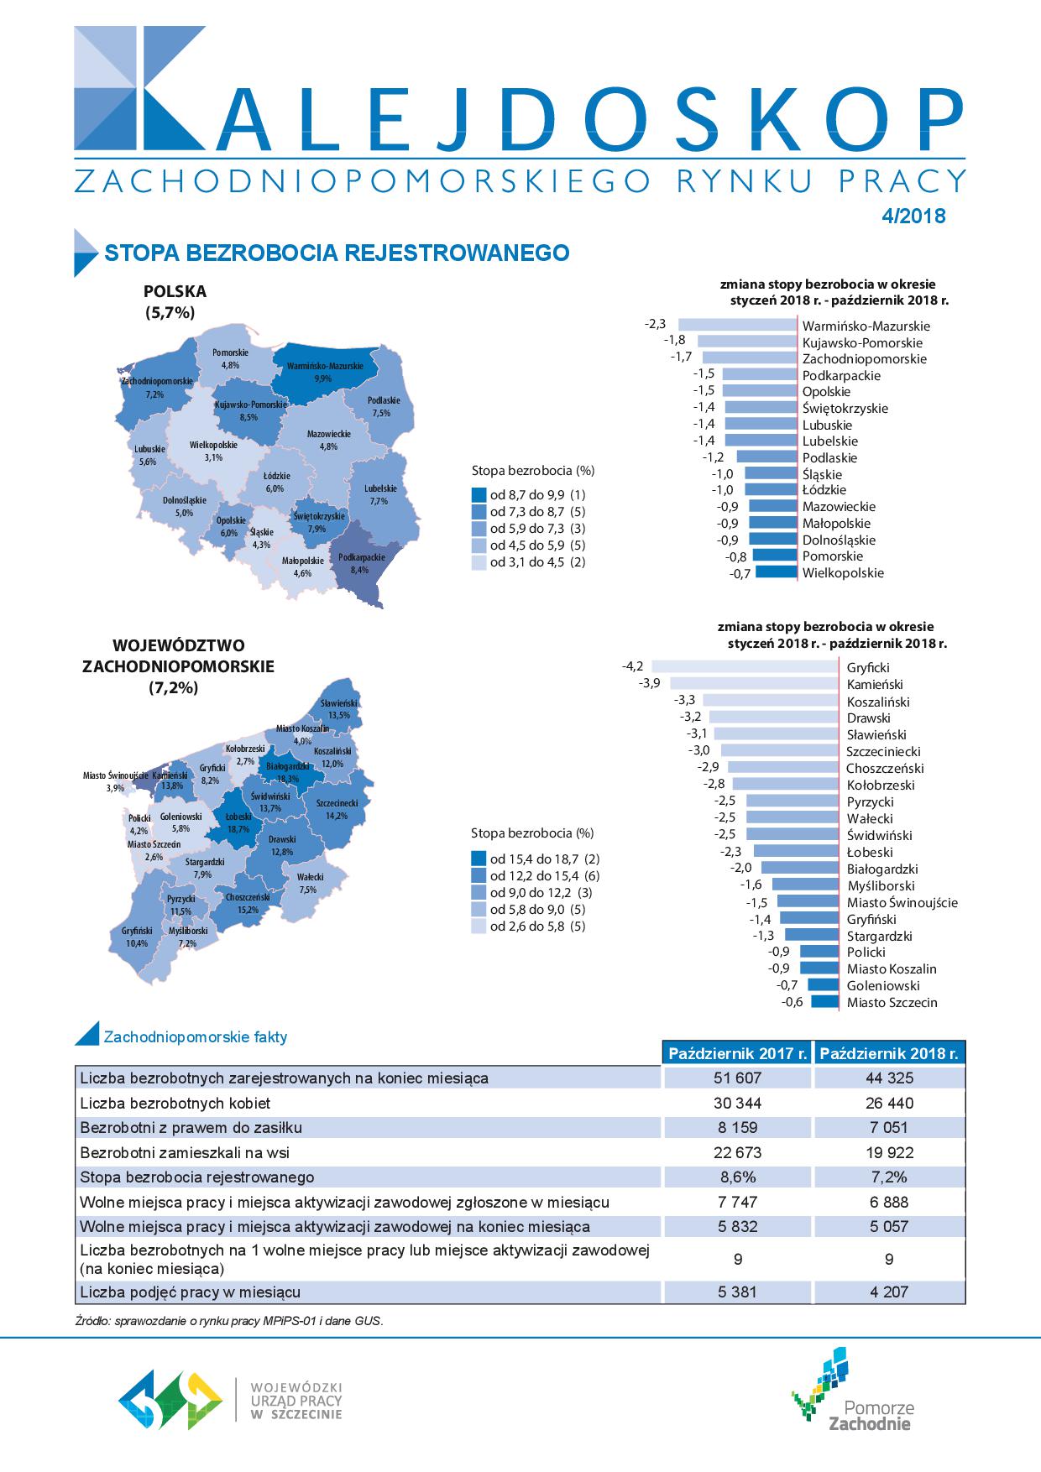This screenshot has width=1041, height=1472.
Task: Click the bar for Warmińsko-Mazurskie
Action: [x=737, y=325]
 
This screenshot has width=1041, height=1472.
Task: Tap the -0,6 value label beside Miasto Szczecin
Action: [x=792, y=1002]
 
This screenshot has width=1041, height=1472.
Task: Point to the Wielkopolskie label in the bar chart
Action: [x=843, y=573]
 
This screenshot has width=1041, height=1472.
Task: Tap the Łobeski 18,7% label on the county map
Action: [x=238, y=823]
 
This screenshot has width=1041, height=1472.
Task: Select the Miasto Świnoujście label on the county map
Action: [x=116, y=781]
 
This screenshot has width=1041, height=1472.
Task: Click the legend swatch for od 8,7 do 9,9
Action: [x=479, y=495]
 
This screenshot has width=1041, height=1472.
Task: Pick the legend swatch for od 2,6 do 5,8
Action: [x=479, y=927]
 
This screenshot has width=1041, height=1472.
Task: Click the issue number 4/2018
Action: [x=913, y=216]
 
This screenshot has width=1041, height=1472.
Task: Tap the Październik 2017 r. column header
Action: [x=738, y=1053]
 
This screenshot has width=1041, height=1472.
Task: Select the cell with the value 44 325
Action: [x=890, y=1078]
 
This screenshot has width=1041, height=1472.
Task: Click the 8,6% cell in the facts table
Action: [x=738, y=1177]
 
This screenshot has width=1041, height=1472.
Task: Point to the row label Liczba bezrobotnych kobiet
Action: [x=175, y=1103]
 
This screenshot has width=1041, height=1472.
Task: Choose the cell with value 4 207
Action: [x=890, y=1292]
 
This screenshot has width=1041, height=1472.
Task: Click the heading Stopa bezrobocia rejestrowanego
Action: [x=336, y=253]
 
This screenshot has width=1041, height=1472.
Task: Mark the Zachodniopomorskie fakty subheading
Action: [x=195, y=1037]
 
